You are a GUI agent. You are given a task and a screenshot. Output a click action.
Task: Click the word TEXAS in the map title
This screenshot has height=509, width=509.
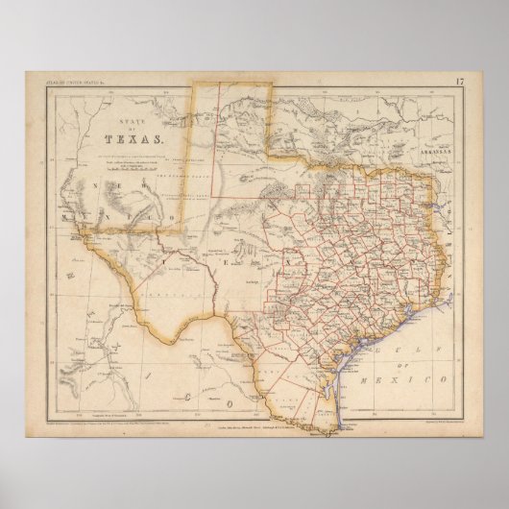[141, 135]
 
